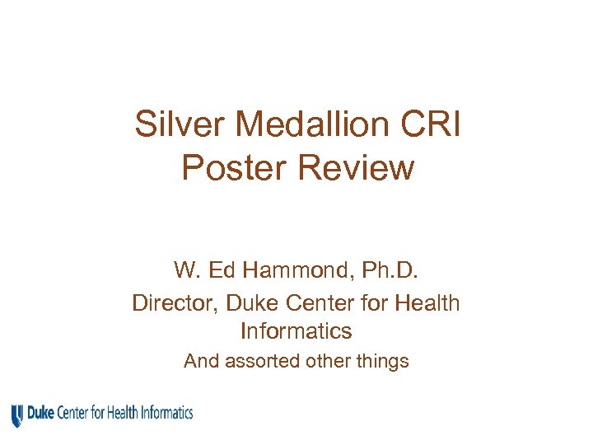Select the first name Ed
(x=222, y=270)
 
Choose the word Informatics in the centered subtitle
(x=296, y=331)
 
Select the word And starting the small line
(x=199, y=361)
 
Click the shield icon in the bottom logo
(x=17, y=415)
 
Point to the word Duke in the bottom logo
(x=41, y=412)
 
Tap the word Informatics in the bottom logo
(x=166, y=412)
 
